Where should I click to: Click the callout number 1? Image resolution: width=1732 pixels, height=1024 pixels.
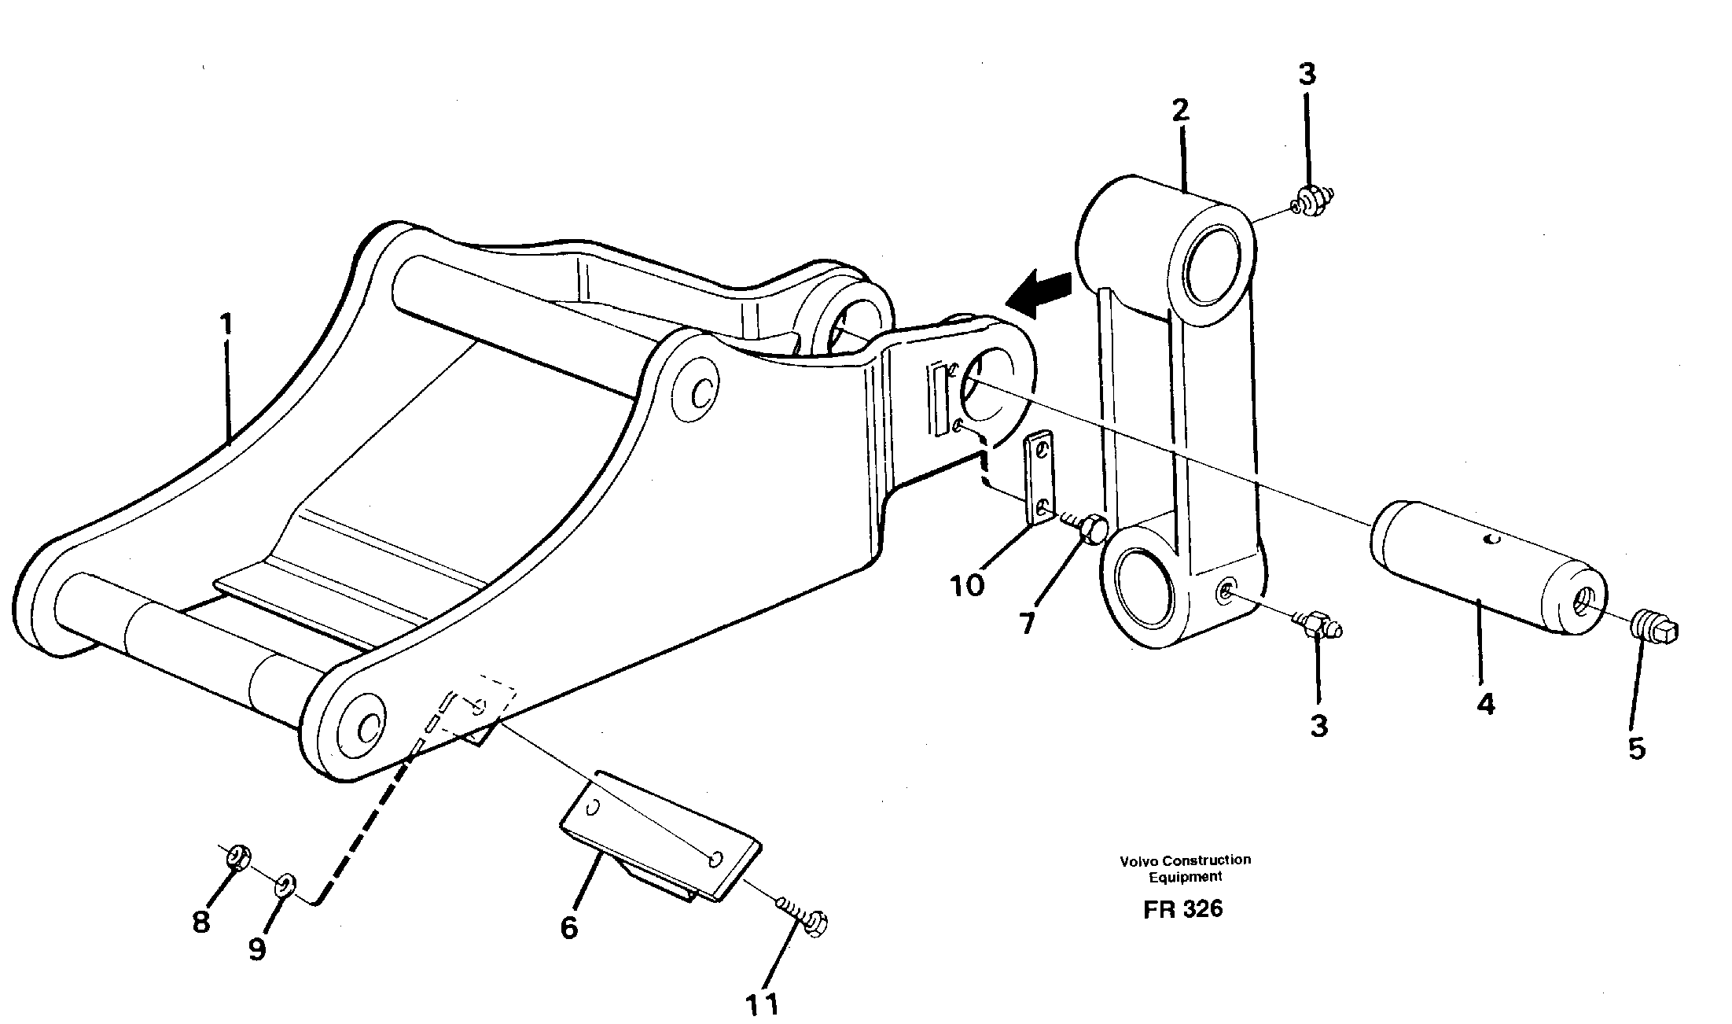point(226,325)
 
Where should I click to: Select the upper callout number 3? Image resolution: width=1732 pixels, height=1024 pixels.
point(1306,75)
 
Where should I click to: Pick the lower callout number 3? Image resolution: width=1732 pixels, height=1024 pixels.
point(1318,725)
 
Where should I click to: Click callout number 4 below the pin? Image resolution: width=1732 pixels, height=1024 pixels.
point(1484,704)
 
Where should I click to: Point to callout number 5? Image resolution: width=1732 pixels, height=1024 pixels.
point(1636,748)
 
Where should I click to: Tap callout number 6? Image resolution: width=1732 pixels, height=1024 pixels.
point(569,927)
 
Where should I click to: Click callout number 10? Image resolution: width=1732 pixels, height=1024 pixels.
point(966,585)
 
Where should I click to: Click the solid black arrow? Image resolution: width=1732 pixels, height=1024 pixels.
point(1039,295)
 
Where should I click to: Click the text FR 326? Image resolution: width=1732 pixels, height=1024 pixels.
point(1183,909)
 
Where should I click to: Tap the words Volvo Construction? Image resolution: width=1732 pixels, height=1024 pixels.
point(1185,860)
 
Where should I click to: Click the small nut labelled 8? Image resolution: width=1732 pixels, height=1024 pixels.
point(237,856)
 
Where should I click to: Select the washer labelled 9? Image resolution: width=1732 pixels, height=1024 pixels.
point(285,886)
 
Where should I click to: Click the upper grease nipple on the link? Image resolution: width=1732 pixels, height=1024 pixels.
point(1311,203)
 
